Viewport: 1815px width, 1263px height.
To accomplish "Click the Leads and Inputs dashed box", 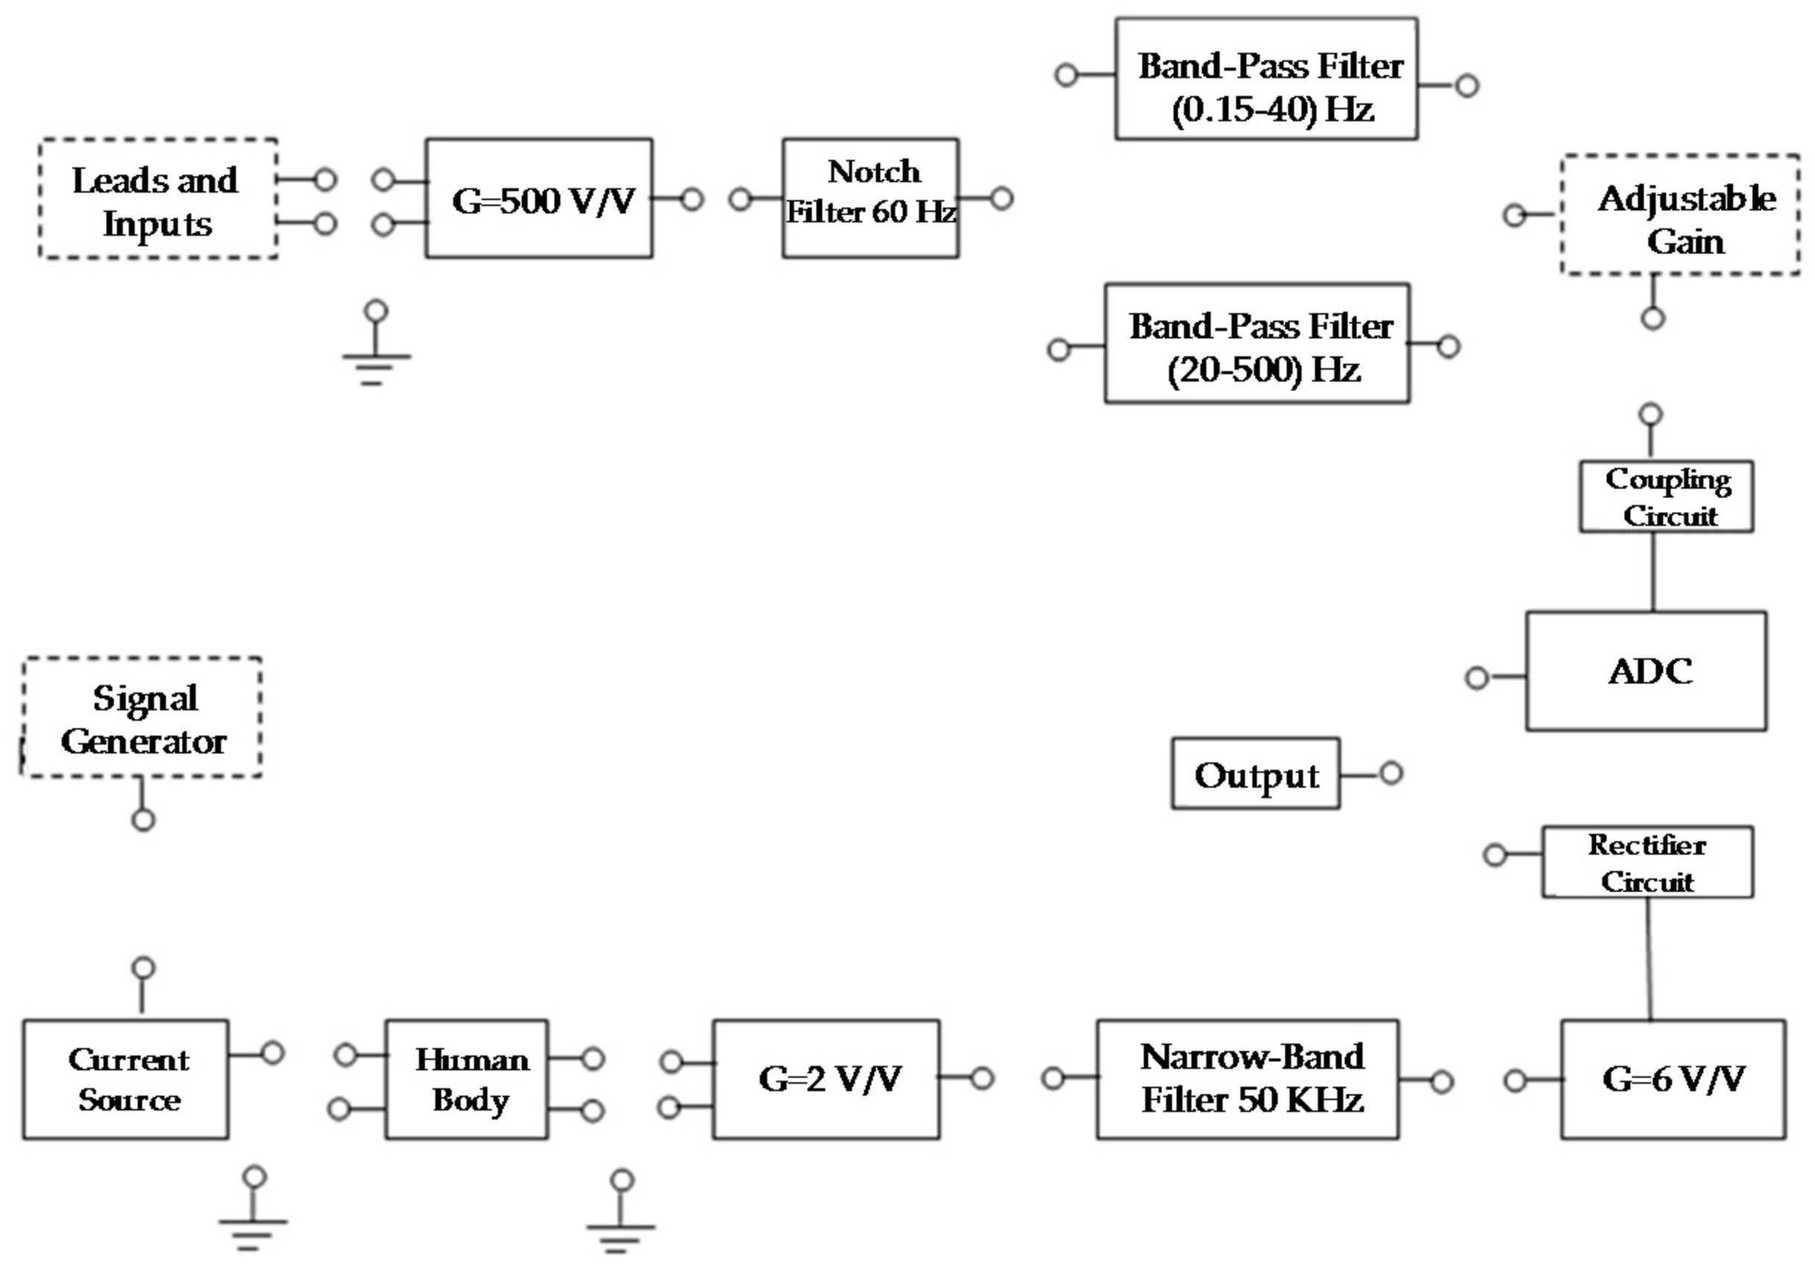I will [158, 199].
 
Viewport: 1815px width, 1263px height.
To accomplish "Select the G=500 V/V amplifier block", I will [539, 199].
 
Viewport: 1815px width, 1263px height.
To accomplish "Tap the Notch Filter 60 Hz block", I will [871, 198].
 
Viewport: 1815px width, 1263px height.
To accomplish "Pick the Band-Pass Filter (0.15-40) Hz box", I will [1266, 79].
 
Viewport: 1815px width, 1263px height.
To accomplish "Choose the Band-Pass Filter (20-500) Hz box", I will [1257, 344].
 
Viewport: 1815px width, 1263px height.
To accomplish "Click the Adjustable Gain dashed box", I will [1680, 215].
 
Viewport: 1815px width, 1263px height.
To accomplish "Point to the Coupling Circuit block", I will [1666, 496].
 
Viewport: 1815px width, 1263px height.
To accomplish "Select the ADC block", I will [1646, 670].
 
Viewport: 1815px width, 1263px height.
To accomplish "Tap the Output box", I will [1255, 773].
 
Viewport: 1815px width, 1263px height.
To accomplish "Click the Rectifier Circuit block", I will [1648, 862].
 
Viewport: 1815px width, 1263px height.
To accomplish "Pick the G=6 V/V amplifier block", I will [1673, 1079].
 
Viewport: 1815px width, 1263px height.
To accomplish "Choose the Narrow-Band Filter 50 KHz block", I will [1247, 1079].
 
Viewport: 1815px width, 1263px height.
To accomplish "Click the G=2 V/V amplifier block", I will [826, 1079].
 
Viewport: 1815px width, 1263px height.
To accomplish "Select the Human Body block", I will [467, 1079].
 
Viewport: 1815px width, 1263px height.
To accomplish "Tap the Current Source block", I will [126, 1079].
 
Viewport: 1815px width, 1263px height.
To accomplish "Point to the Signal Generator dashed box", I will [142, 718].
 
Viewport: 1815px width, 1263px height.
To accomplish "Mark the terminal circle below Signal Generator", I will [143, 820].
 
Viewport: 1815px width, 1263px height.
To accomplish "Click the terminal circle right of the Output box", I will [1392, 773].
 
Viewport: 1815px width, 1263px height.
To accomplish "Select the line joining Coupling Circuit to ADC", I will [1653, 571].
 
